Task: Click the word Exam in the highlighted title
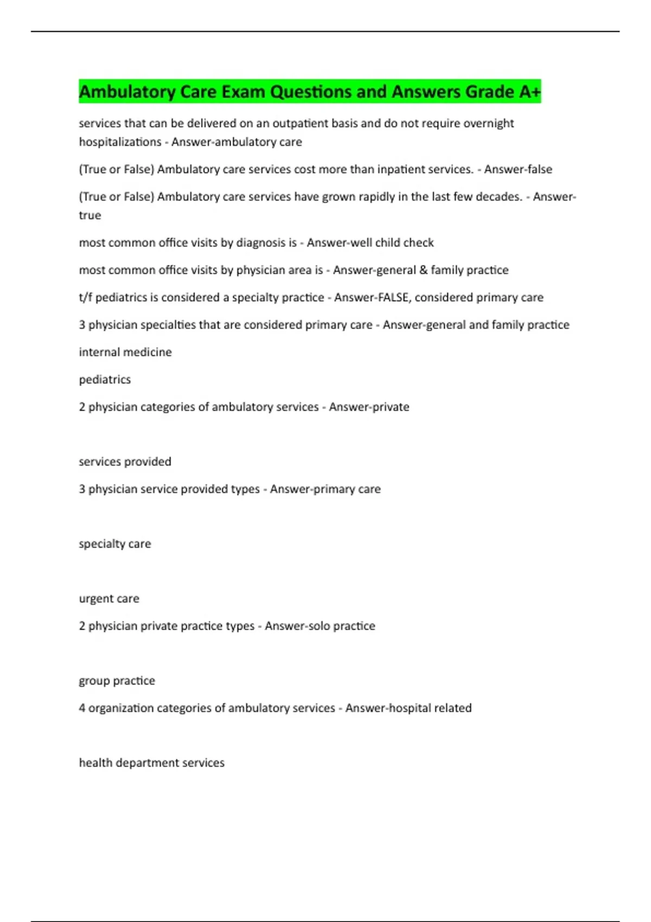pyautogui.click(x=244, y=92)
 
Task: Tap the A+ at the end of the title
pyautogui.click(x=529, y=92)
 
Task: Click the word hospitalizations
pyautogui.click(x=120, y=142)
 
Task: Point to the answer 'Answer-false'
pyautogui.click(x=518, y=169)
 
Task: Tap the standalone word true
pyautogui.click(x=90, y=215)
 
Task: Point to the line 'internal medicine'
pyautogui.click(x=125, y=352)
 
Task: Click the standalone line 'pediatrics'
pyautogui.click(x=105, y=380)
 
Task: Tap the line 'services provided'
pyautogui.click(x=125, y=462)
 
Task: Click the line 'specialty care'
pyautogui.click(x=115, y=543)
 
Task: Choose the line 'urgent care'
pyautogui.click(x=109, y=598)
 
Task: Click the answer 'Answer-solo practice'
pyautogui.click(x=320, y=626)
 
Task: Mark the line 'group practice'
pyautogui.click(x=117, y=681)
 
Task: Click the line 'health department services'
pyautogui.click(x=151, y=763)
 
